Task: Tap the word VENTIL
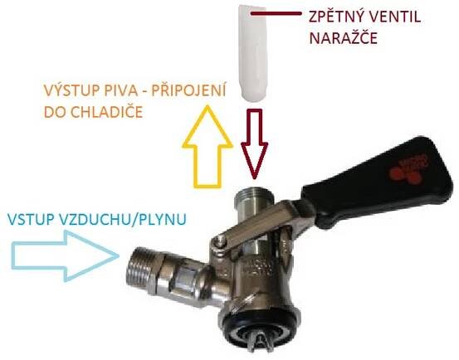[x=393, y=17]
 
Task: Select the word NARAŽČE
[x=343, y=38]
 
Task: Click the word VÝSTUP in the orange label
[x=67, y=90]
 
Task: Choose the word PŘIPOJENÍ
[x=188, y=90]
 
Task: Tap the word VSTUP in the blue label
[x=26, y=220]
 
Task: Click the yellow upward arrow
[x=208, y=146]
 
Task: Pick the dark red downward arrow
[x=254, y=144]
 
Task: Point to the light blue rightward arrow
[x=65, y=255]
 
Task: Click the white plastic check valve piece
[x=252, y=53]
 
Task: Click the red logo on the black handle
[x=408, y=169]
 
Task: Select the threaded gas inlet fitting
[x=144, y=271]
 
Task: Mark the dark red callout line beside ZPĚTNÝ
[x=276, y=13]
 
